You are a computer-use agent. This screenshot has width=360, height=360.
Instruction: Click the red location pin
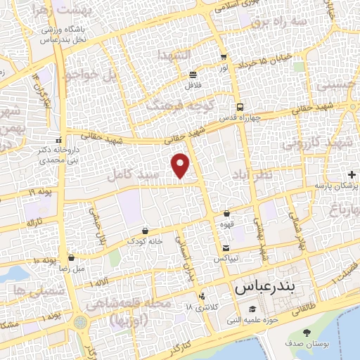pos(181,165)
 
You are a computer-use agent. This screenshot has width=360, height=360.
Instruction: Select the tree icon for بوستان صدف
pos(306,332)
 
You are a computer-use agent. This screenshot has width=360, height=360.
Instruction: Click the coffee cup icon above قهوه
pos(226,213)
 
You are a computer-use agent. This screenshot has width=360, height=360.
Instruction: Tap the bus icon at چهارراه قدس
pos(240,107)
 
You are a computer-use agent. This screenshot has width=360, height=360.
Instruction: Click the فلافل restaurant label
pos(193,85)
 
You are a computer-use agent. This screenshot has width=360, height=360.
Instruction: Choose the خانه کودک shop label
pos(145,240)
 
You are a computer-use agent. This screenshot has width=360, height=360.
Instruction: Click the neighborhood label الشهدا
pos(174,55)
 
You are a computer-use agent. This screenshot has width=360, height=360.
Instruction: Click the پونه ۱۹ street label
pos(41,192)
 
